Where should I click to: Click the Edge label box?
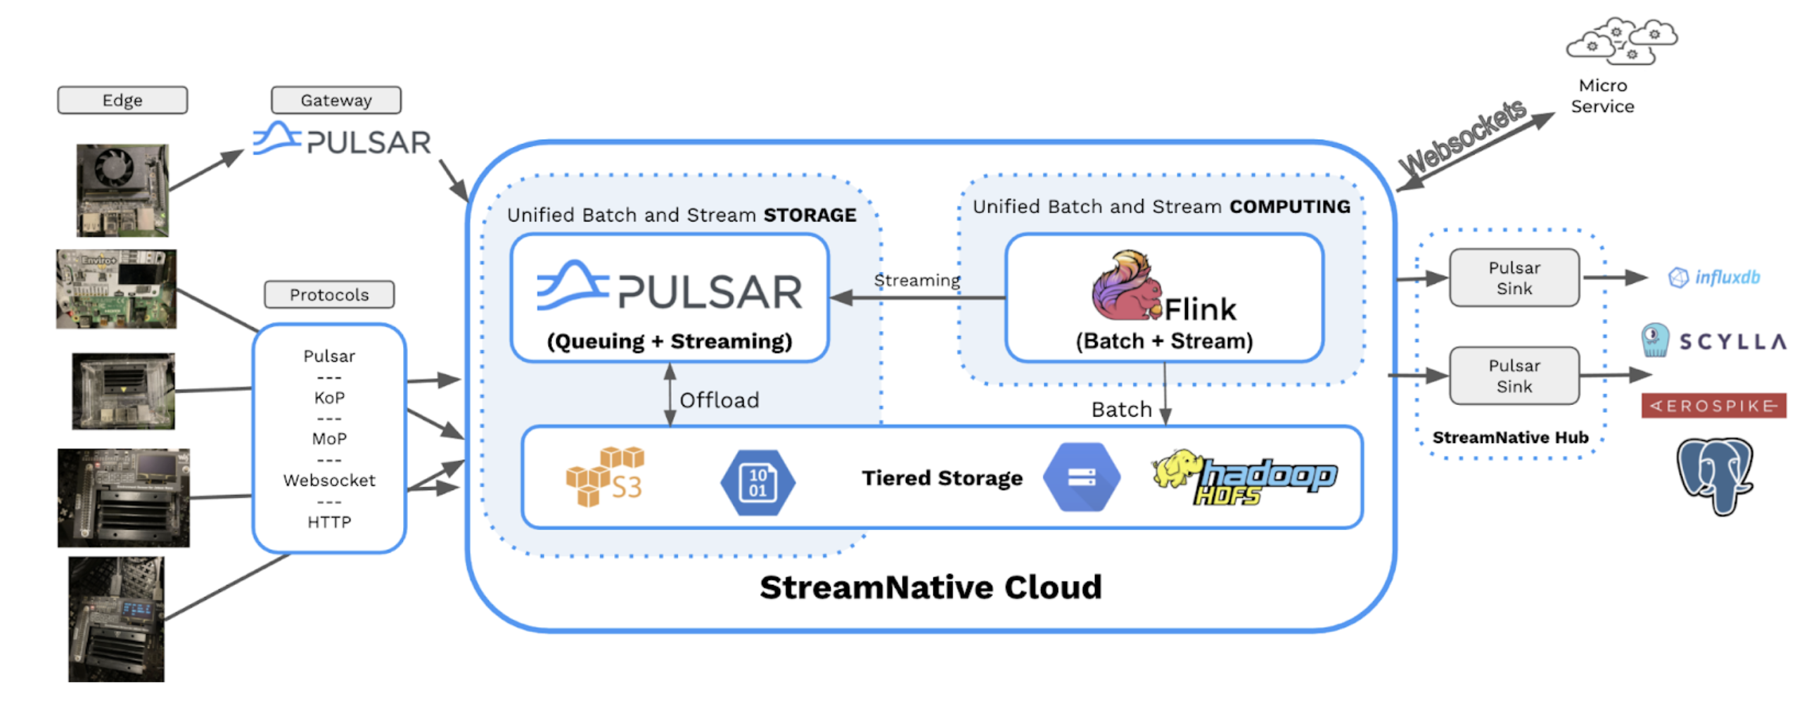[122, 100]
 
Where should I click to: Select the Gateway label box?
[335, 100]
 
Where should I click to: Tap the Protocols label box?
[328, 294]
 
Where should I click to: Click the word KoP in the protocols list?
[328, 397]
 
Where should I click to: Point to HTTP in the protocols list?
[328, 521]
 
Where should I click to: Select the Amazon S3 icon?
[604, 475]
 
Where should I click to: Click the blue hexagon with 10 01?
[757, 482]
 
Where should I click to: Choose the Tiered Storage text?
[941, 477]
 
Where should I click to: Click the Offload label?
[718, 399]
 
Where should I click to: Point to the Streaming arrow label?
[916, 280]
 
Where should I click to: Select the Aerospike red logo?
[1713, 405]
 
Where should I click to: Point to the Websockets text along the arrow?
[1462, 138]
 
